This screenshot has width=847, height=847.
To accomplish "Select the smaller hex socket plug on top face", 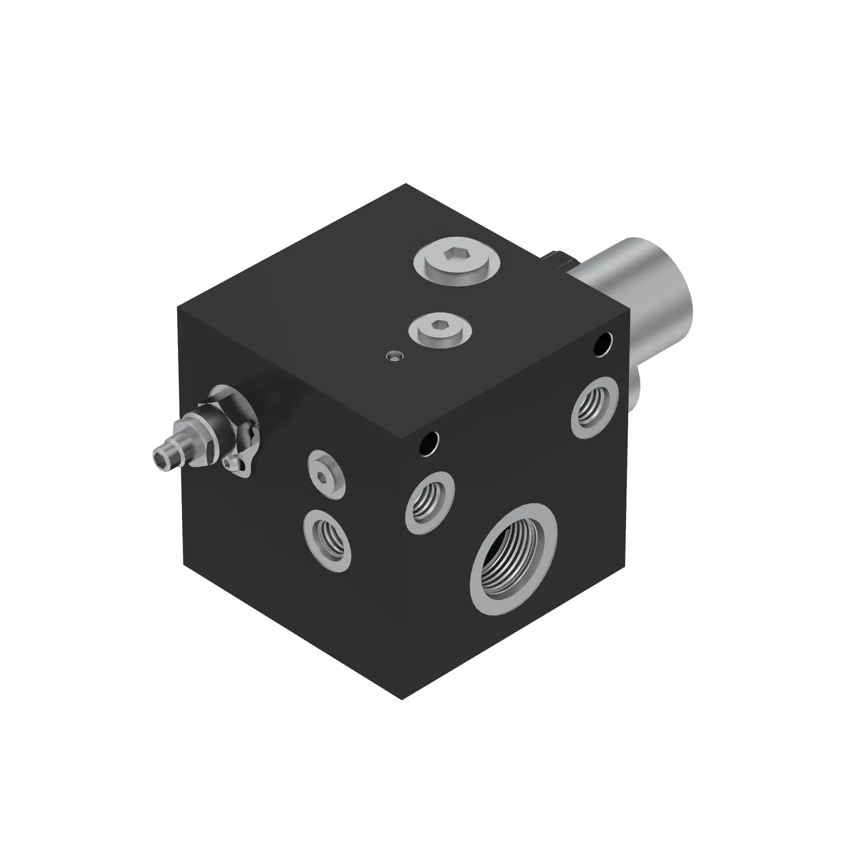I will click(x=439, y=331).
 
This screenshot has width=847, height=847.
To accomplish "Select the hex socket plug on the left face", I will click(x=326, y=473).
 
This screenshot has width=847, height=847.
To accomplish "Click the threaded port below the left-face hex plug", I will click(x=327, y=540).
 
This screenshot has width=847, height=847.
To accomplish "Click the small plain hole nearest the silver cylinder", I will click(x=603, y=344).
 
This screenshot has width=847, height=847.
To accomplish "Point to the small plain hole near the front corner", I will click(x=429, y=444).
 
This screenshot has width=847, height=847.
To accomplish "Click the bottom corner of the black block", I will click(x=402, y=699).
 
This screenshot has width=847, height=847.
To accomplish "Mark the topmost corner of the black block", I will click(x=406, y=184).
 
